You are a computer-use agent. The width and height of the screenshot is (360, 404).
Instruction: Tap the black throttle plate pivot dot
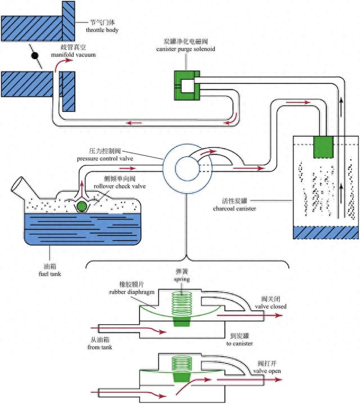[34, 57]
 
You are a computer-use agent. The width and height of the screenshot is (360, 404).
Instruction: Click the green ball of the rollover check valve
[83, 207]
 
